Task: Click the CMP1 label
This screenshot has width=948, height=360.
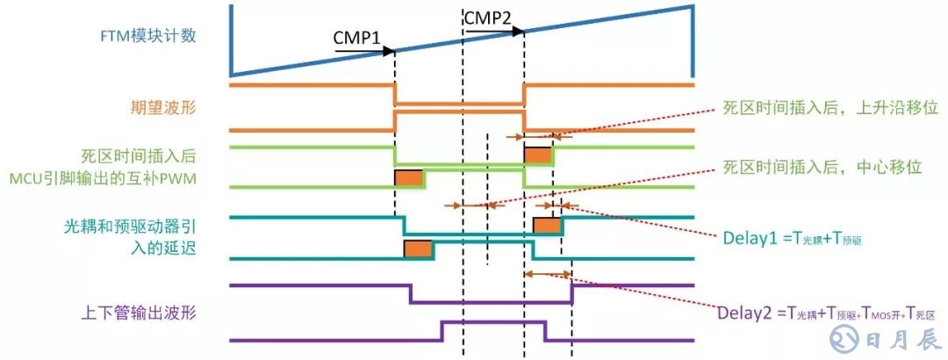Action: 355,39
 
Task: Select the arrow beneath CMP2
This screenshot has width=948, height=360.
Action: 494,30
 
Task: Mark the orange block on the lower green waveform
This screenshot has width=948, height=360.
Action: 409,176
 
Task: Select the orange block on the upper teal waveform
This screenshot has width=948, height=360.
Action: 548,224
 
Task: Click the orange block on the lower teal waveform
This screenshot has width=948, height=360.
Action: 418,248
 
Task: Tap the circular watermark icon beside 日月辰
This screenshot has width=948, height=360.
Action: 846,337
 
